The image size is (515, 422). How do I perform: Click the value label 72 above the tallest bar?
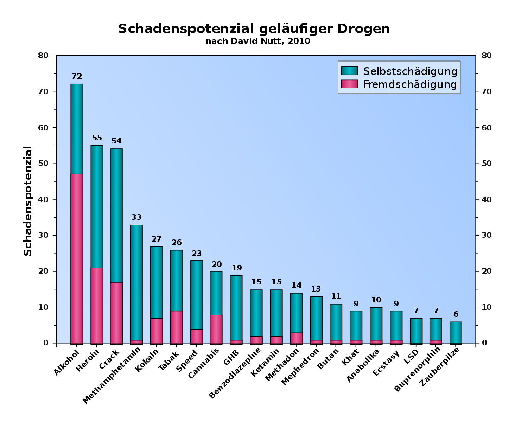(77, 76)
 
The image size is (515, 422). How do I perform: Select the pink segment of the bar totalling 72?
(77, 258)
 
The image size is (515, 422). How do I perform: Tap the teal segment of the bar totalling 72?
(77, 129)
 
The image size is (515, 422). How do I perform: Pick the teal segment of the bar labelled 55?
(97, 206)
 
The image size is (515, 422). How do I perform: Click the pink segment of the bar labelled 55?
(97, 306)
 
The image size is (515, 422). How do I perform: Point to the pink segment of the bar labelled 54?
(116, 313)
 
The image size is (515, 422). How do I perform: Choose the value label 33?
(136, 217)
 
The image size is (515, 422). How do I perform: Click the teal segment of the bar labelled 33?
(136, 282)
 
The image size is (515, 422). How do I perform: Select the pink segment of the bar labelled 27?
(157, 331)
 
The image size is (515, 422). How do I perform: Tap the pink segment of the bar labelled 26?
(177, 327)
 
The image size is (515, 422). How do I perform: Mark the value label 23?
(197, 254)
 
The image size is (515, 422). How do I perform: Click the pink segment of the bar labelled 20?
(216, 329)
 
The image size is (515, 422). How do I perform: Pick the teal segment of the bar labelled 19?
(236, 308)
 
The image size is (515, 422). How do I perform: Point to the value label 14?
(297, 286)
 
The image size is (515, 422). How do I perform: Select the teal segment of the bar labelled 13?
(316, 318)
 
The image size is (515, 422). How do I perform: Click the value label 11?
(336, 296)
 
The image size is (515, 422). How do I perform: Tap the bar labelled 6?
(456, 332)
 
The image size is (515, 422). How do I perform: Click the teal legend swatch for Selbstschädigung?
(349, 71)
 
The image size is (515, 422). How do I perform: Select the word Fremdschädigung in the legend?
(410, 84)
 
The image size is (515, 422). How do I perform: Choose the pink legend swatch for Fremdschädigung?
(349, 84)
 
